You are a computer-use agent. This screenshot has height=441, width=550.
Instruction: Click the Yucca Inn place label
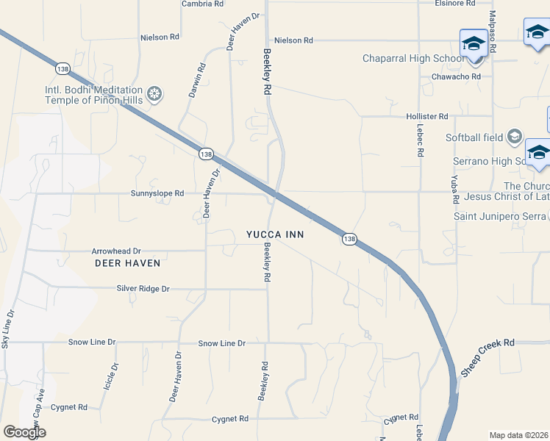275,234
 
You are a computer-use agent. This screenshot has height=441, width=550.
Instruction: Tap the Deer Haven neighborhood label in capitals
127,262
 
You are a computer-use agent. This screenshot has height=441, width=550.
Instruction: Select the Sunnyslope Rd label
157,193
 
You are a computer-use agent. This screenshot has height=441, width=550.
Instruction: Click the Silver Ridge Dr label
143,289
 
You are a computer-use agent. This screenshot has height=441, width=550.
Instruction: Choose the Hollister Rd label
426,116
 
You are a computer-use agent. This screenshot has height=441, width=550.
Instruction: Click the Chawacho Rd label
456,76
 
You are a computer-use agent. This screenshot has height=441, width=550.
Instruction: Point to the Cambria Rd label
202,4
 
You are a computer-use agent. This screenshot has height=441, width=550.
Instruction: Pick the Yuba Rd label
455,189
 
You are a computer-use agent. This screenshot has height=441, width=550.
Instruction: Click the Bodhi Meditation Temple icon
154,93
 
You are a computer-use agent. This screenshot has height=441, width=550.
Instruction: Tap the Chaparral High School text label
413,59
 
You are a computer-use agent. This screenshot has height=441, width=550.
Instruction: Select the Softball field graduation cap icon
514,137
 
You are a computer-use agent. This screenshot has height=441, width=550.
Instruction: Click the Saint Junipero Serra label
499,216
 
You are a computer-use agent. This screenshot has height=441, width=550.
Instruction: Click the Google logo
24,432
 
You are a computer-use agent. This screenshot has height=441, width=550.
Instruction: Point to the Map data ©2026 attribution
518,435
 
